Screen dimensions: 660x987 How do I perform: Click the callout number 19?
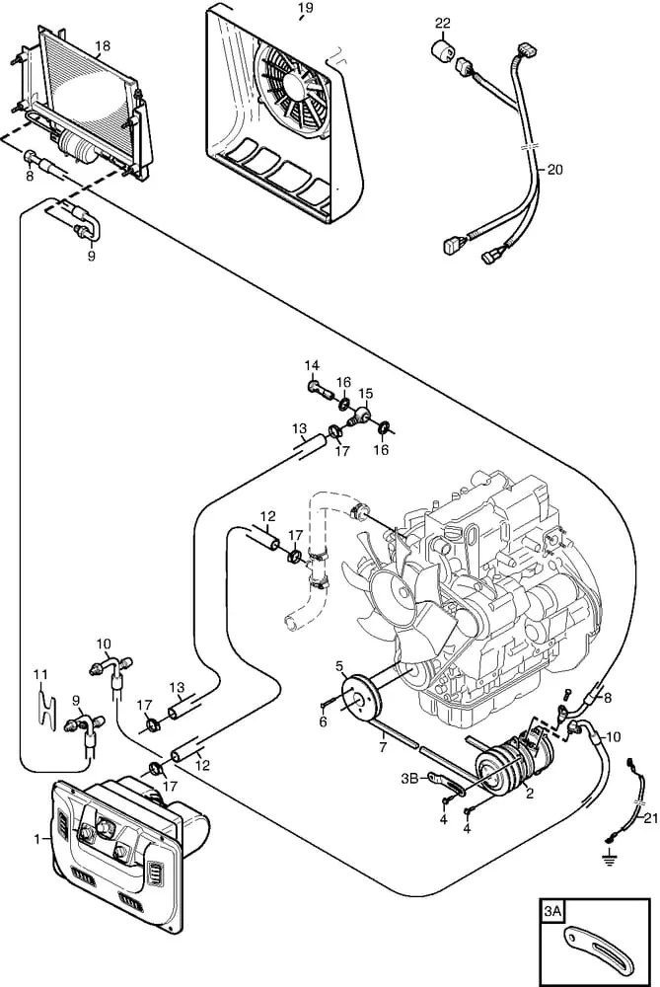305,8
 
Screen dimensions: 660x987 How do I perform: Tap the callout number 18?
102,46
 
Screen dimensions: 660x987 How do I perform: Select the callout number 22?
443,24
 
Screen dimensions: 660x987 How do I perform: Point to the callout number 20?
554,170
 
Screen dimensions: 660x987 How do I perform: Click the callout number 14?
312,366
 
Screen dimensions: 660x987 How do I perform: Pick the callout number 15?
366,394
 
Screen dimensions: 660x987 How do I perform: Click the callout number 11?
40,675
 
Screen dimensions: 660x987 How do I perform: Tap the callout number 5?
339,666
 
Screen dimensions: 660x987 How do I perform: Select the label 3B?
409,779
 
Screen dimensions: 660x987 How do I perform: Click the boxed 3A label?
553,911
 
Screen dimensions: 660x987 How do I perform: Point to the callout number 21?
650,818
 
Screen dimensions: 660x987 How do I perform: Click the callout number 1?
37,838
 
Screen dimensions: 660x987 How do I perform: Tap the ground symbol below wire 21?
609,859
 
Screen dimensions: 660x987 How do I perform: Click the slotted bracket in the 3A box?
598,950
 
